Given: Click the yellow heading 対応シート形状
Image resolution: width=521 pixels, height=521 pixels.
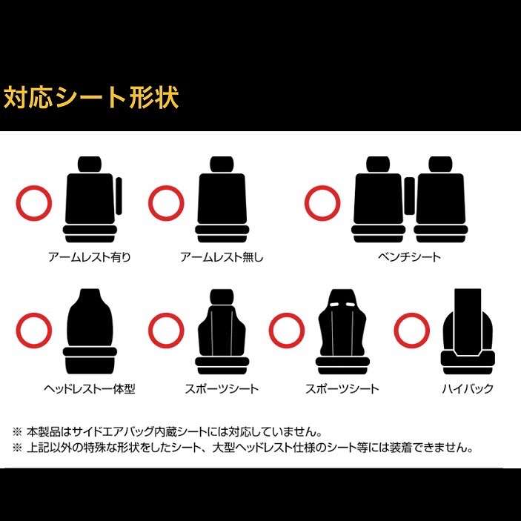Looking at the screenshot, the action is (91, 97).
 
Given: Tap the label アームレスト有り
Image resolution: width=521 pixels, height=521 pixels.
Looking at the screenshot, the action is (90, 257).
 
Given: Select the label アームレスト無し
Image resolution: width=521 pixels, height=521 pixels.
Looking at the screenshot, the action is (222, 257).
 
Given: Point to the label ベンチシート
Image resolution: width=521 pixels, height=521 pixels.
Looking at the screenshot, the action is (409, 257).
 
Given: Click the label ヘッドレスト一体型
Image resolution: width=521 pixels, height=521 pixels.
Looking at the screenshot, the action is (90, 389).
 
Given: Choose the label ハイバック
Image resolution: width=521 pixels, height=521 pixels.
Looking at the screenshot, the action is (468, 389).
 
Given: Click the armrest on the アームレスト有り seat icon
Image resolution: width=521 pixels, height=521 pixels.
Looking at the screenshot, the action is (119, 196).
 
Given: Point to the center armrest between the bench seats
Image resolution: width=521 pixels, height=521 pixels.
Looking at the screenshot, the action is (409, 196).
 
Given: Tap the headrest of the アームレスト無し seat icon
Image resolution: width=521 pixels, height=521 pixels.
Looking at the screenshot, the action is (222, 164).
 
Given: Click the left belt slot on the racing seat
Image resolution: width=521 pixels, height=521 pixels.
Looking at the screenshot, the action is (335, 305).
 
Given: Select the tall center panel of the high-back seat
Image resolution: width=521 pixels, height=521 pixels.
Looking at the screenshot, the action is (468, 322).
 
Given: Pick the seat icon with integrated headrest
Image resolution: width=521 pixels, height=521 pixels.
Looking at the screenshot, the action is (90, 331).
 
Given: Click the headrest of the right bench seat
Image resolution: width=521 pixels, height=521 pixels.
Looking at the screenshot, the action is (440, 164).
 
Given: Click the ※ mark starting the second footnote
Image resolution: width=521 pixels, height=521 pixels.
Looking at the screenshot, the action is (17, 448).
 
